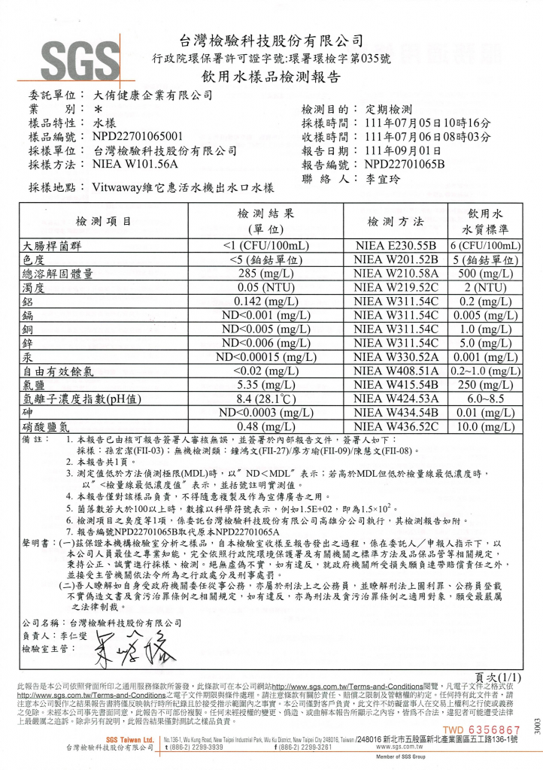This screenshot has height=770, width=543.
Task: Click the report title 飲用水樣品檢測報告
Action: tap(271, 77)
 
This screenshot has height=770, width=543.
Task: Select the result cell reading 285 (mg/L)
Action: tap(260, 274)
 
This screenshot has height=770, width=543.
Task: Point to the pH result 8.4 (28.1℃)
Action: tap(260, 399)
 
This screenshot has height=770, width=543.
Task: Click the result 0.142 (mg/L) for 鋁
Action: tap(260, 302)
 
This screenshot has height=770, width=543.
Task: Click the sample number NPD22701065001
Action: tap(137, 137)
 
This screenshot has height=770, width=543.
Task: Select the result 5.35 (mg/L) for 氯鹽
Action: tap(260, 385)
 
